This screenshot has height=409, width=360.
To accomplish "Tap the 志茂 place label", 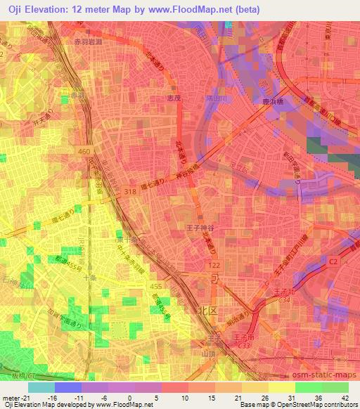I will click(175, 98).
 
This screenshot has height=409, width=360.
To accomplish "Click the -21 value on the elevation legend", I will click(14, 397).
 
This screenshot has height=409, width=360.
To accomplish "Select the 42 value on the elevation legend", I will click(345, 397).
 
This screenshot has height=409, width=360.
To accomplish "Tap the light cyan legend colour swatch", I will click(41, 387).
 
